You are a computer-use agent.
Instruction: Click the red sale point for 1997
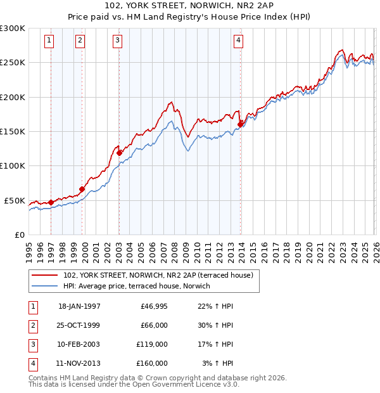[51, 202]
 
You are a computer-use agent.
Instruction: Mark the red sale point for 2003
[119, 153]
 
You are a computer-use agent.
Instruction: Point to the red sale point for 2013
[241, 125]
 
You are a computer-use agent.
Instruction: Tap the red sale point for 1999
[82, 189]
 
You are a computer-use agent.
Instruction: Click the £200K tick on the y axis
[13, 97]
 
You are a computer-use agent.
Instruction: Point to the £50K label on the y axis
[15, 200]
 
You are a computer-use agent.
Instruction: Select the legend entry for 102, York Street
[158, 275]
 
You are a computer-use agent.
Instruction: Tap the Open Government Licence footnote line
[134, 384]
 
